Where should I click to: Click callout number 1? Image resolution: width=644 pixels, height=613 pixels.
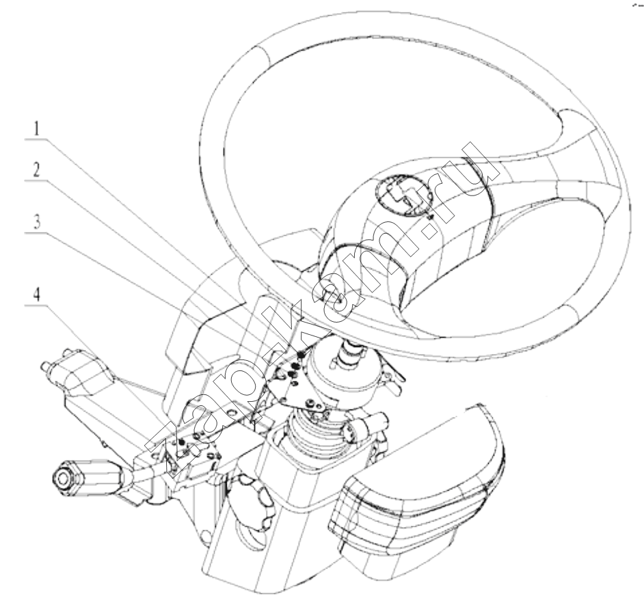click(37, 128)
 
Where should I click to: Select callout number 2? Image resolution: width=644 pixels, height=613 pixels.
click(37, 170)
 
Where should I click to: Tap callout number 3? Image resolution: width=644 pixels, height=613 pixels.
click(37, 222)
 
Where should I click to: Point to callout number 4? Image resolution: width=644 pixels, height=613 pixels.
click(37, 295)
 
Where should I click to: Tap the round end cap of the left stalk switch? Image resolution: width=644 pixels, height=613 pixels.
click(64, 479)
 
